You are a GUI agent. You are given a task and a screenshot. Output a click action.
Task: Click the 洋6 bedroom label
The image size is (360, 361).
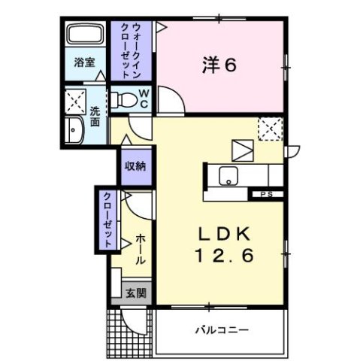coord(219,65)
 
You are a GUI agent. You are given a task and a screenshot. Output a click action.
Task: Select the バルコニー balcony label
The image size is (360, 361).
coord(222,329)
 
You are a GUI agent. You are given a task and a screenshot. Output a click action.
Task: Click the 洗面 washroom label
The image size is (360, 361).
coord(96,118)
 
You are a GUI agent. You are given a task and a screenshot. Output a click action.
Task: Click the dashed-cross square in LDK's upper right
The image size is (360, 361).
coord(268,129)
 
